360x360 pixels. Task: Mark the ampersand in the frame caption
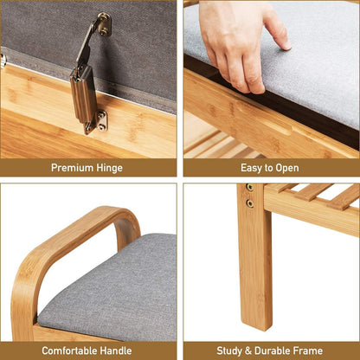click(x=251, y=350)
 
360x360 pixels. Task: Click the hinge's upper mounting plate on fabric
click(x=103, y=24)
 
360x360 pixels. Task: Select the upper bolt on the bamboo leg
click(x=249, y=188)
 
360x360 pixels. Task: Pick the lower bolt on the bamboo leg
click(x=249, y=203)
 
